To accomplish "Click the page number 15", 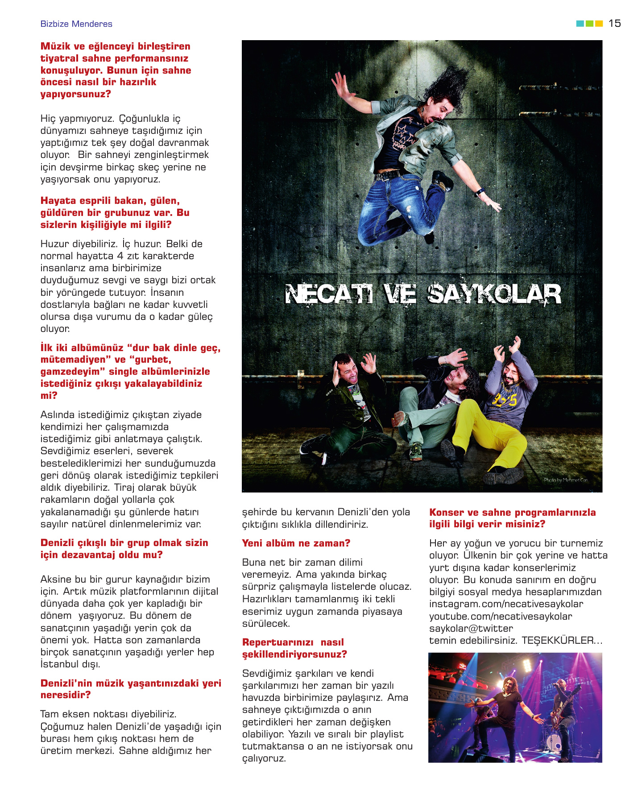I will [x=614, y=23].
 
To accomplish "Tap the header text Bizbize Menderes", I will [x=76, y=24].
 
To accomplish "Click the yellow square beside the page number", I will [x=599, y=24].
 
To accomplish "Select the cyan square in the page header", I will [x=580, y=24].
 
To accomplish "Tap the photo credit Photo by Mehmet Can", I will [x=566, y=480].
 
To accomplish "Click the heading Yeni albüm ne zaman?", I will [x=296, y=543].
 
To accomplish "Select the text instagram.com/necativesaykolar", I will [x=506, y=604].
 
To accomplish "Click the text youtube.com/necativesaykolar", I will [x=501, y=617].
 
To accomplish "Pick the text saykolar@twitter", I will [x=471, y=629].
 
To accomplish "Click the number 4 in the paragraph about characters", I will [x=120, y=256].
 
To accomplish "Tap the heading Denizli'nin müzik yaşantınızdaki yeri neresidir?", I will [x=131, y=689].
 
